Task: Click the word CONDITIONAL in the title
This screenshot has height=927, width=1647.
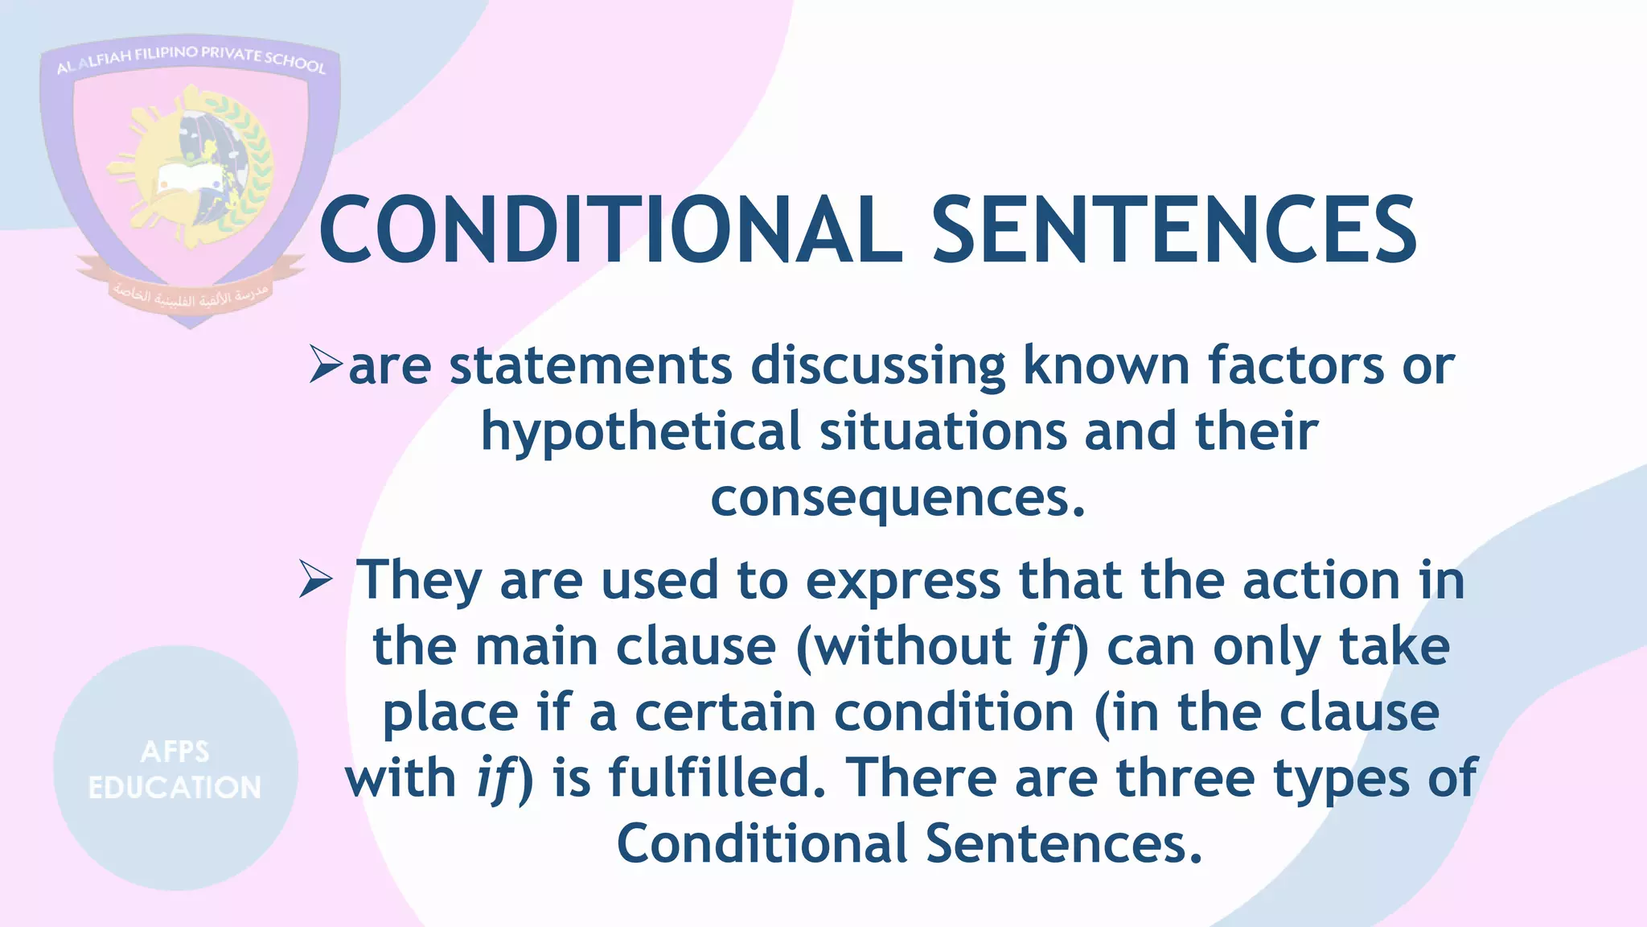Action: coord(611,230)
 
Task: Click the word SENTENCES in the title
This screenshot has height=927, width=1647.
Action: coord(1174,230)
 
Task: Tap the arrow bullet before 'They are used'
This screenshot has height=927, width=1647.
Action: coord(315,579)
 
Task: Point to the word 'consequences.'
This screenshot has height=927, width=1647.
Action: coord(897,499)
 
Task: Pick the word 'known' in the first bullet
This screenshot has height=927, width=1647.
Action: coord(1106,365)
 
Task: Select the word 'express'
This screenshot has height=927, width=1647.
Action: coord(903,581)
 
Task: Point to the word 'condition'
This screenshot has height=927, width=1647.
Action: coord(954,713)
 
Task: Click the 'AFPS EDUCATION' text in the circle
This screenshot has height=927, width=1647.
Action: coord(175,769)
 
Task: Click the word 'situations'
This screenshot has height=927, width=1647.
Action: coord(943,431)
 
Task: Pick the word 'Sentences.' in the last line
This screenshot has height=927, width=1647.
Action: coord(1063,843)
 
